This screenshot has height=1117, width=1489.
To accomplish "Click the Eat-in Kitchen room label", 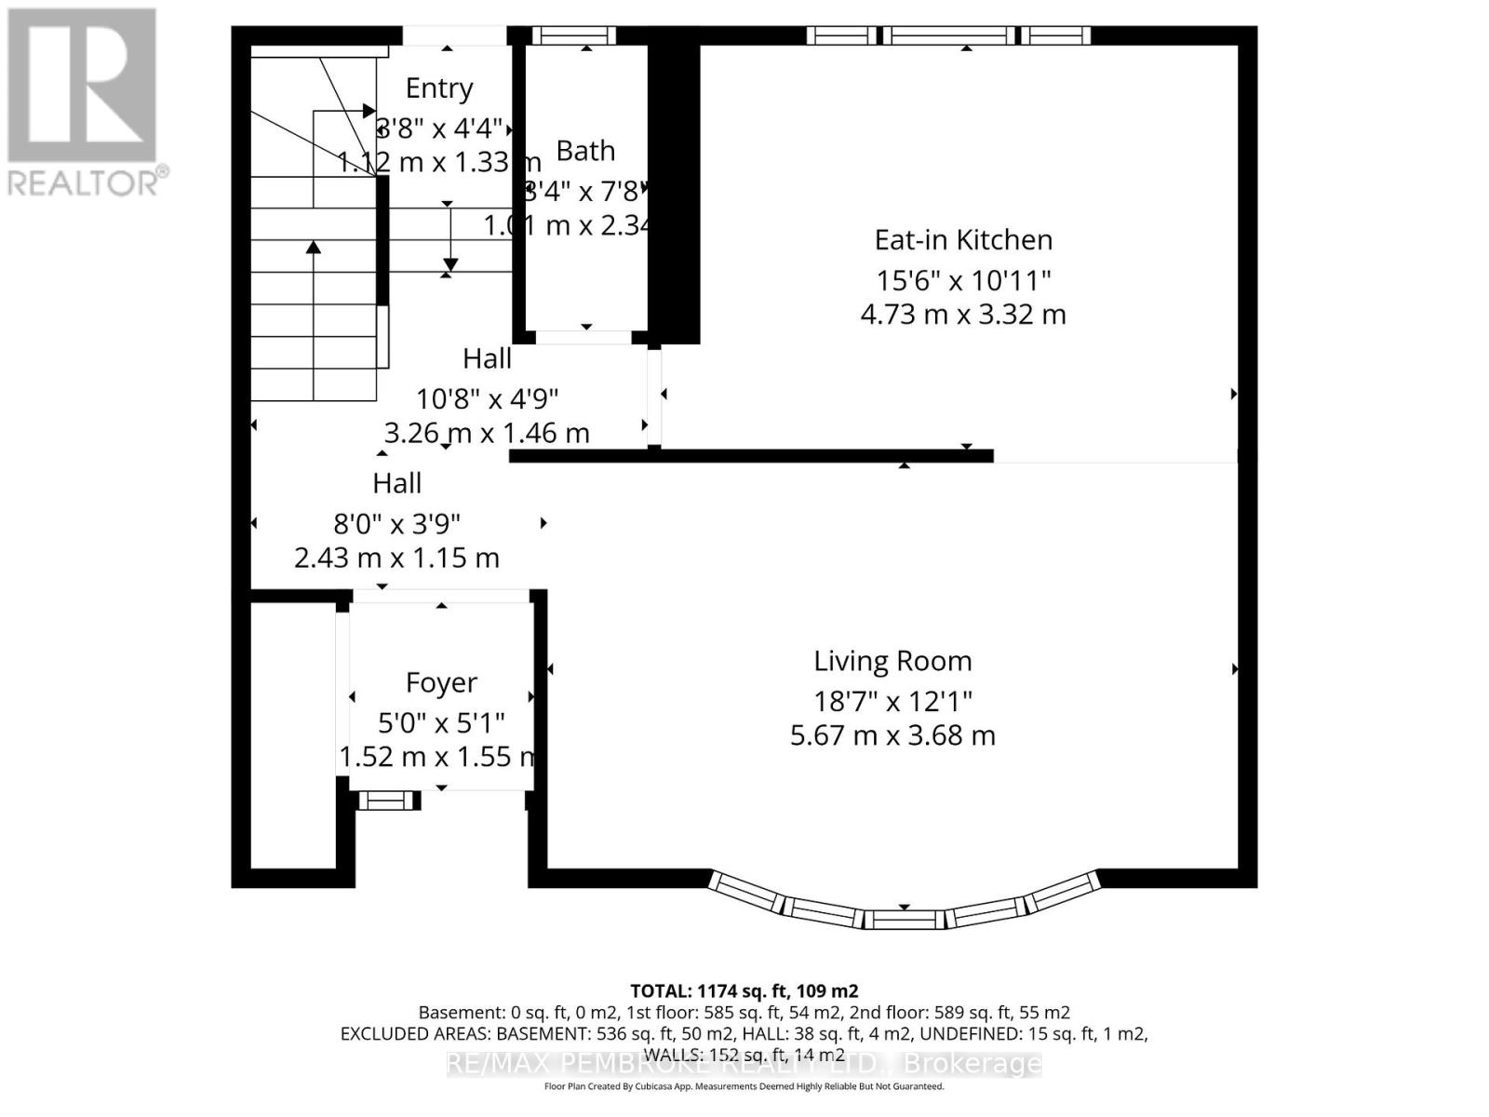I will pyautogui.click(x=963, y=240).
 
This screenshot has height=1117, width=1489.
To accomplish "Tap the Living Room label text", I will pyautogui.click(x=892, y=661).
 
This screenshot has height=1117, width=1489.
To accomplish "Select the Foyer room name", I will pyautogui.click(x=441, y=682).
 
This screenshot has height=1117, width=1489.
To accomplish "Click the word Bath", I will pyautogui.click(x=585, y=151).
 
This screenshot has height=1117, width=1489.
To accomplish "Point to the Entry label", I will pyautogui.click(x=439, y=88).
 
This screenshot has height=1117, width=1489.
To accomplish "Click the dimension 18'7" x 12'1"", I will pyautogui.click(x=892, y=700).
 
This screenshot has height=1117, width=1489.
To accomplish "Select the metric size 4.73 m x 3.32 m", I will pyautogui.click(x=963, y=315).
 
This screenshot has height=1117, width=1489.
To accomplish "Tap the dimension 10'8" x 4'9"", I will pyautogui.click(x=487, y=399).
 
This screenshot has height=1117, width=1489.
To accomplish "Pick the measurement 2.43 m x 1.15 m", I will pyautogui.click(x=396, y=558).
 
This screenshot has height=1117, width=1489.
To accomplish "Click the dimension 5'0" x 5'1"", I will pyautogui.click(x=441, y=722).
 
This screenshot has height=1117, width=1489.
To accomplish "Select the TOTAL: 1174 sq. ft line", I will pyautogui.click(x=744, y=991).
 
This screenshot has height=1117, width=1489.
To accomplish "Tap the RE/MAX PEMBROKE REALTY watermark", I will pyautogui.click(x=744, y=1063).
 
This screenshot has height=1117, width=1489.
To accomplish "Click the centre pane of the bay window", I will pyautogui.click(x=904, y=920).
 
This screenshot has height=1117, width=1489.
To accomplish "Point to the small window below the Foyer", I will pyautogui.click(x=388, y=800).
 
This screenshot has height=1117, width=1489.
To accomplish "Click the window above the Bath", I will pyautogui.click(x=573, y=35).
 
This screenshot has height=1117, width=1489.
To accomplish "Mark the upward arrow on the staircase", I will pyautogui.click(x=314, y=248).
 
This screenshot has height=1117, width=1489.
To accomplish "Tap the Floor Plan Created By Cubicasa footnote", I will pyautogui.click(x=744, y=1086).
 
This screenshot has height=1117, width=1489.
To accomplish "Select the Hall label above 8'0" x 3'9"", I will pyautogui.click(x=396, y=483).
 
